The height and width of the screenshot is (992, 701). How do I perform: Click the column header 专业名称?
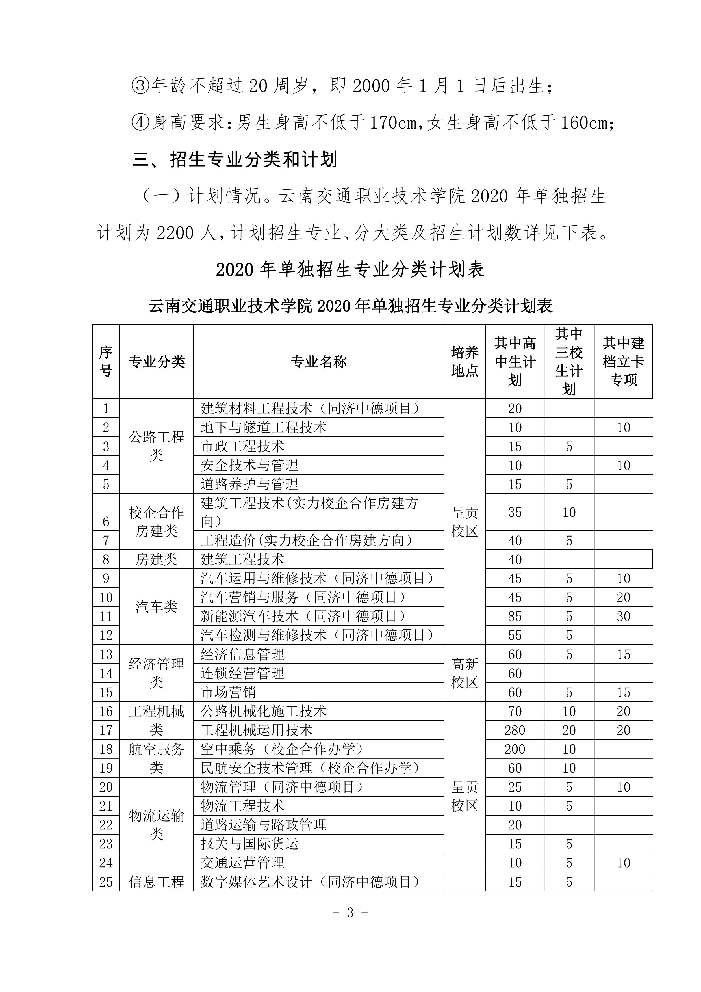pyautogui.click(x=318, y=362)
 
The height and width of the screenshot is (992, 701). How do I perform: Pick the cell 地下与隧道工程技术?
pyautogui.click(x=263, y=427)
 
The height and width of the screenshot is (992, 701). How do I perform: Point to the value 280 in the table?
pyautogui.click(x=515, y=730)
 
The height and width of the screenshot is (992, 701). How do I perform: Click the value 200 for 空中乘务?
pyautogui.click(x=515, y=749)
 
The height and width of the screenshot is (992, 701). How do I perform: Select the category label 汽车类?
pyautogui.click(x=156, y=607)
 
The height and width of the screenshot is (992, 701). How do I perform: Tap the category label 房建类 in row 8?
pyautogui.click(x=156, y=559)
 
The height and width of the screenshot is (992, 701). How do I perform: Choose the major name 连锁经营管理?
pyautogui.click(x=242, y=673)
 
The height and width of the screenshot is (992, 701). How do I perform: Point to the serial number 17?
pyautogui.click(x=106, y=730)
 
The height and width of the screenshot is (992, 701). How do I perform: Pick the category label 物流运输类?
pyautogui.click(x=156, y=825)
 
